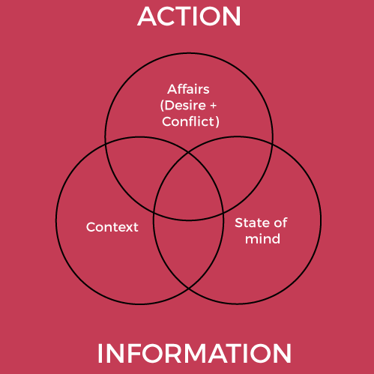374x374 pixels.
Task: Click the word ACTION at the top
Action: click(x=189, y=16)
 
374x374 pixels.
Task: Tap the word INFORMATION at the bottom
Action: click(x=194, y=353)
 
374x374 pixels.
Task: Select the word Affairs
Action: click(x=188, y=89)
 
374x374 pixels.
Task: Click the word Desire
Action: click(x=185, y=106)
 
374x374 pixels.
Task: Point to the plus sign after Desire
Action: click(x=213, y=106)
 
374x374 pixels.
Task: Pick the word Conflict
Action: click(x=188, y=121)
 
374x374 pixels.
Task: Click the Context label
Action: click(x=112, y=227)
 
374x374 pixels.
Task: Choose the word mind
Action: click(x=262, y=239)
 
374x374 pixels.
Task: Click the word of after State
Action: click(x=280, y=223)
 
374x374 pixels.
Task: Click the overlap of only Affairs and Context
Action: click(x=135, y=170)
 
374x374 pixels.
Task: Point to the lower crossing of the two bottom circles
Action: click(x=189, y=289)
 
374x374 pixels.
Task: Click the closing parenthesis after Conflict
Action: click(x=217, y=121)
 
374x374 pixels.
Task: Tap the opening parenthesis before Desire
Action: click(x=162, y=106)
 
